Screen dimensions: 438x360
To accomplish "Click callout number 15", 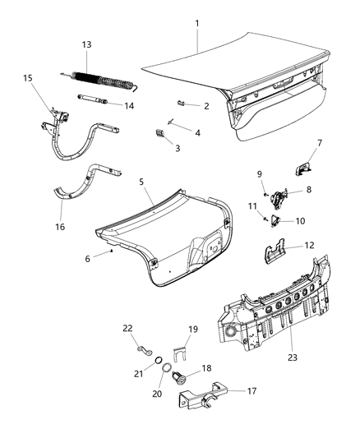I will [27, 78].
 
